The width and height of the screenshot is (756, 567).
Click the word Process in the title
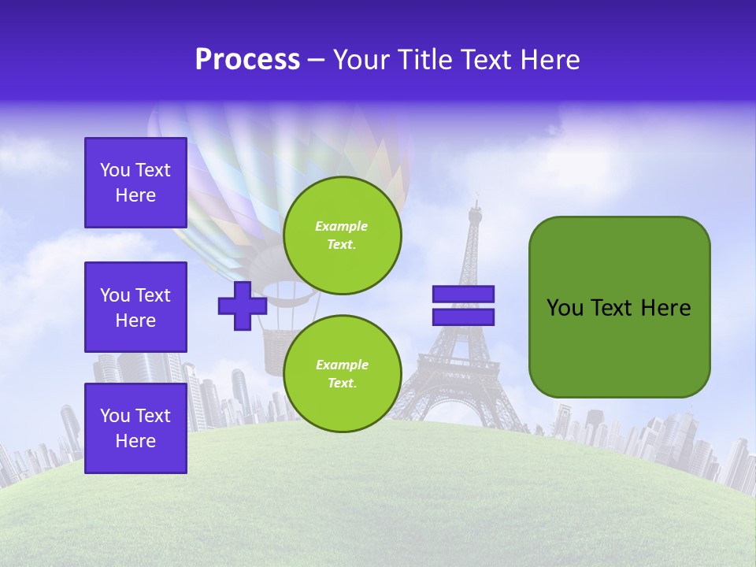pos(247,60)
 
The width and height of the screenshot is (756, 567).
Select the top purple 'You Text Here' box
pos(135,183)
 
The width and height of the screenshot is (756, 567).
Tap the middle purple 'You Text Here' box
pos(135,307)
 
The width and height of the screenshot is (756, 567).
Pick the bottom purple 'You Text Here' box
pos(135,428)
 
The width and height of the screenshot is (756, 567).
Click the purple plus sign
pos(242,306)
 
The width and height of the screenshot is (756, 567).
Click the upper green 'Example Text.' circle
pos(342,235)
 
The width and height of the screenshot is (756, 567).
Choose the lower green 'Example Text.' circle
pos(342,373)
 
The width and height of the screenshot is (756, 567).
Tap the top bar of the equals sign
pos(463,295)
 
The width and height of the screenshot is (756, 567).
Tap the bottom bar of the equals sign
pos(463,317)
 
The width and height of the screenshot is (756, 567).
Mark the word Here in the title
pos(550,60)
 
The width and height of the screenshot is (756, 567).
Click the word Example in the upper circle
pos(342,226)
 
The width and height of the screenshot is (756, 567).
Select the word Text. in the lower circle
pos(342,383)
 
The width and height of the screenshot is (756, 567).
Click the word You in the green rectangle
pos(565,308)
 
